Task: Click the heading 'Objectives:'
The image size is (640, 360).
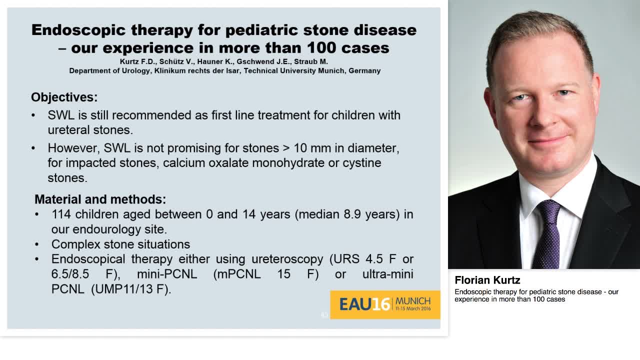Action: tap(64, 97)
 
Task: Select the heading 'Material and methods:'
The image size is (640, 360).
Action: tap(100, 199)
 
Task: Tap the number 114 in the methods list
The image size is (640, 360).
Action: tap(61, 214)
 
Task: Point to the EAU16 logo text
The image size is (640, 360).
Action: tap(365, 304)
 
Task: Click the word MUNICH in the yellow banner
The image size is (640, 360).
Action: tap(412, 301)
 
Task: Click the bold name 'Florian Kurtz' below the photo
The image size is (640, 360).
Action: tap(487, 280)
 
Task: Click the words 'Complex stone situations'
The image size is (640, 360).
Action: tap(120, 244)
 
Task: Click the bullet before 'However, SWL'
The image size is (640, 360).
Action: tap(33, 148)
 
